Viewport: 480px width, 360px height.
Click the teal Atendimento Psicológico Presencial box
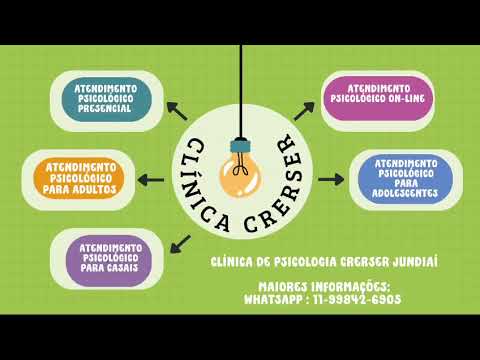coord(107,99)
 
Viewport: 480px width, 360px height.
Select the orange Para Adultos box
coord(79,178)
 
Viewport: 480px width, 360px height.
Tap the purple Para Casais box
coord(109,260)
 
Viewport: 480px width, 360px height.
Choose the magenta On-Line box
coord(377,98)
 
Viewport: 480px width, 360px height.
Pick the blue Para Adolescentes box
coord(405,178)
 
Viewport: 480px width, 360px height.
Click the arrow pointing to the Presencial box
coord(177,111)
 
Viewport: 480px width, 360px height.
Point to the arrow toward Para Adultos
coord(151,180)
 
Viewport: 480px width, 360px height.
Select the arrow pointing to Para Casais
coord(180,244)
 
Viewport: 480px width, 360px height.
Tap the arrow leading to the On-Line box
coord(304,111)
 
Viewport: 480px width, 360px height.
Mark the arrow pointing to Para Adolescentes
coord(331,180)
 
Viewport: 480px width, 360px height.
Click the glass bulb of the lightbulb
coord(240,176)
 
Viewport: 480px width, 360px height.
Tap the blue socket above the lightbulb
coord(240,146)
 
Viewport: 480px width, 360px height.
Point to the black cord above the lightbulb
coord(241,91)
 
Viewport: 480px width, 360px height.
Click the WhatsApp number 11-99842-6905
coord(357,299)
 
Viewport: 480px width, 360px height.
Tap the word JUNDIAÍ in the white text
coord(415,262)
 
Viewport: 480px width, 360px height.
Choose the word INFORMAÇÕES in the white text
coord(350,287)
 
